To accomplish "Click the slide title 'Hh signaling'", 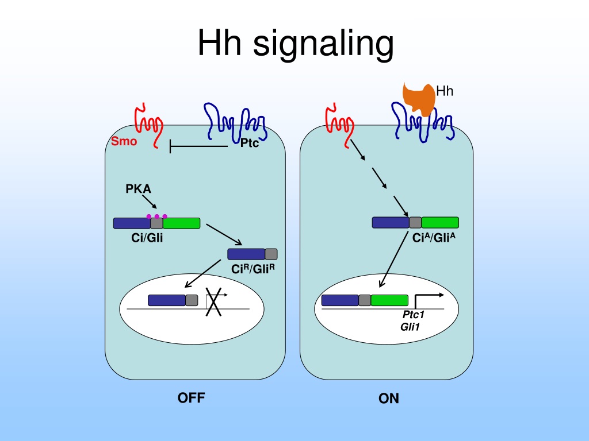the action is pyautogui.click(x=296, y=44).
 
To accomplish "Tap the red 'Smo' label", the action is pyautogui.click(x=124, y=141).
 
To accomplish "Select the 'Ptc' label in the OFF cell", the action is pyautogui.click(x=250, y=143).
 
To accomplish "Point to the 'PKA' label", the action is pyautogui.click(x=138, y=188).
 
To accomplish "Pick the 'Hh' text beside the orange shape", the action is pyautogui.click(x=445, y=91).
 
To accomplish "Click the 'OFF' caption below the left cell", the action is pyautogui.click(x=191, y=398).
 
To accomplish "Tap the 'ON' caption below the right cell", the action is pyautogui.click(x=389, y=399).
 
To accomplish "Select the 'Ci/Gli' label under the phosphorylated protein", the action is pyautogui.click(x=147, y=238).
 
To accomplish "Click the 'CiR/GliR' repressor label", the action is pyautogui.click(x=253, y=269).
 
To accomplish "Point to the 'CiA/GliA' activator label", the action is pyautogui.click(x=434, y=238).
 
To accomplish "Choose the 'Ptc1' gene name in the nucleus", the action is pyautogui.click(x=413, y=315).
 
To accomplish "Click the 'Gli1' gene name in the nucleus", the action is pyautogui.click(x=410, y=327).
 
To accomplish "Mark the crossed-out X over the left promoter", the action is pyautogui.click(x=213, y=302).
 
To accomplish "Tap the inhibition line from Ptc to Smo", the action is pyautogui.click(x=198, y=146).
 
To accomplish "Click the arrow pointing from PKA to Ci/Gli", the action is pyautogui.click(x=150, y=202).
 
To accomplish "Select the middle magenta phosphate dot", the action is pyautogui.click(x=156, y=216).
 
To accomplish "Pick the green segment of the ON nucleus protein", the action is pyautogui.click(x=389, y=300).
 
